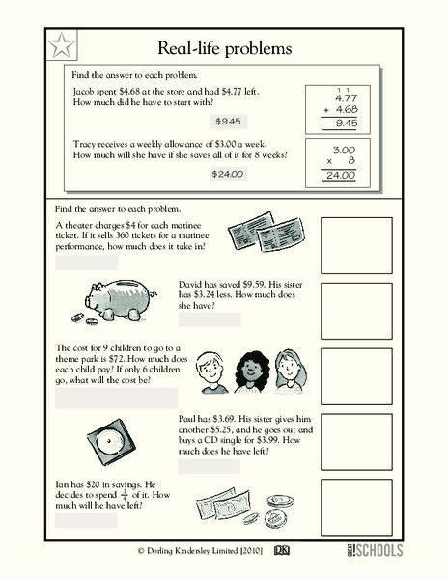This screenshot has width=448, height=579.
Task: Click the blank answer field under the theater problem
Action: pyautogui.click(x=86, y=262)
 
